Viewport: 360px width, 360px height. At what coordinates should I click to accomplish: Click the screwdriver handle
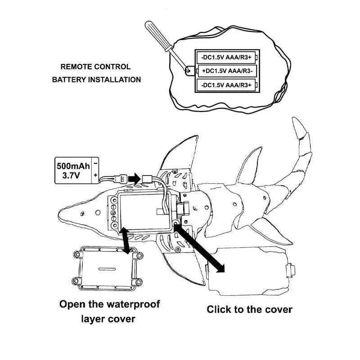pos(158,35)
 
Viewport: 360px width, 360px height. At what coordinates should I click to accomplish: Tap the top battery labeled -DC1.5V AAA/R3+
pos(227,57)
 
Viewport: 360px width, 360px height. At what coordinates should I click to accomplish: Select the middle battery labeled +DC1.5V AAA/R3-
pos(227,71)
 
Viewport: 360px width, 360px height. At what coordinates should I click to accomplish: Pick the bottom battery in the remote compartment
pos(227,85)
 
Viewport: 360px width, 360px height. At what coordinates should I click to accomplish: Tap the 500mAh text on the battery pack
pos(73,166)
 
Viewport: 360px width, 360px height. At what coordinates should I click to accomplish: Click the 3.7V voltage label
pos(71,175)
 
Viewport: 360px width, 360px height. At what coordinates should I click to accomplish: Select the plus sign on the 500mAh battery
pos(95,175)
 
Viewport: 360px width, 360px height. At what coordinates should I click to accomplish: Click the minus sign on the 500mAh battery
pos(95,163)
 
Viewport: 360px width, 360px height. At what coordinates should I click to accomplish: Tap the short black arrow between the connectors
pos(134,178)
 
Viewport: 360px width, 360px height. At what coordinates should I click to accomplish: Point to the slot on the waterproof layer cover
pos(107,269)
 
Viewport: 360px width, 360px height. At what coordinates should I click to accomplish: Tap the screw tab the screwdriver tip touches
pos(189,71)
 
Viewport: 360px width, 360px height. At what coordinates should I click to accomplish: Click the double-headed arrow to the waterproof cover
pos(125,241)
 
